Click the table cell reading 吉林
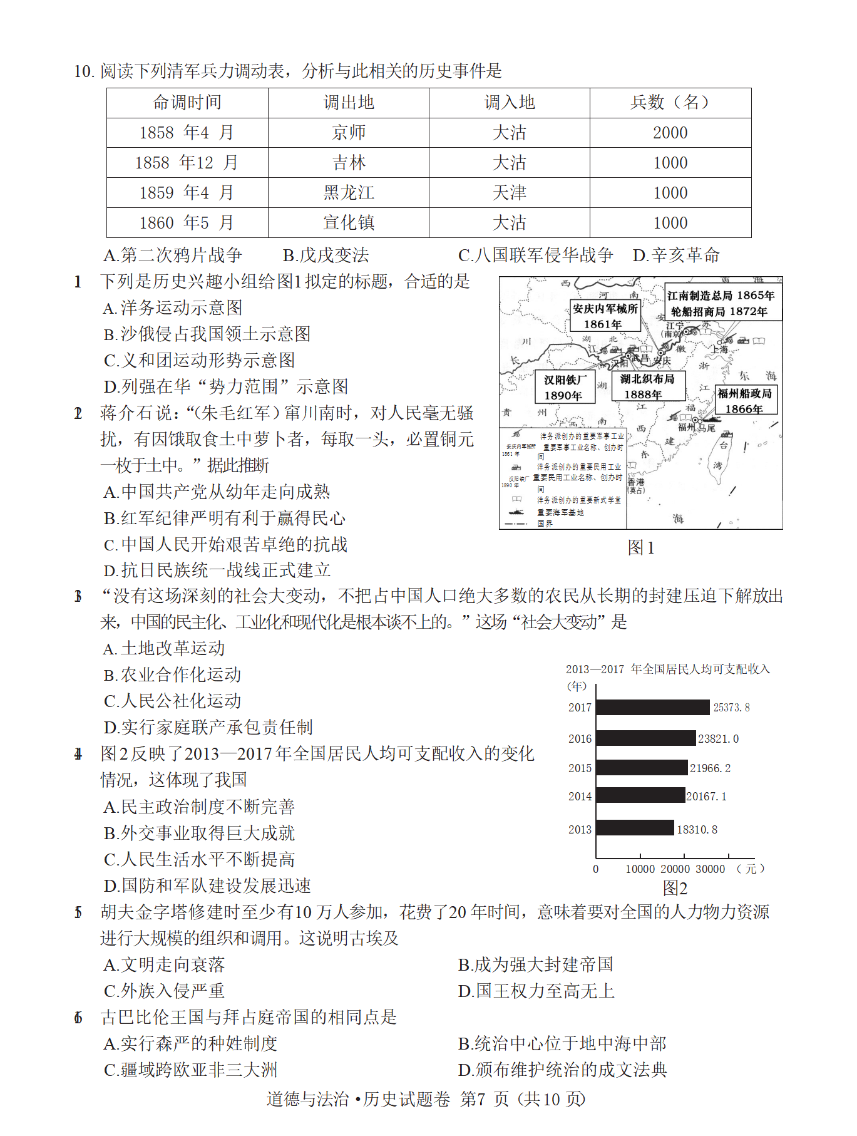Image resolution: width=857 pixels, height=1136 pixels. (349, 163)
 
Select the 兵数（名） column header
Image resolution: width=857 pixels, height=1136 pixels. (670, 103)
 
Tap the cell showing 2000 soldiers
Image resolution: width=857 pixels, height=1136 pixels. (670, 133)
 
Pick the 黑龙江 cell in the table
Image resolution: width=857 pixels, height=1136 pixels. (349, 193)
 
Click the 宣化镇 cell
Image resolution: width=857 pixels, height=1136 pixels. (349, 223)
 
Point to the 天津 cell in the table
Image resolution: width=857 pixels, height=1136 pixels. (510, 193)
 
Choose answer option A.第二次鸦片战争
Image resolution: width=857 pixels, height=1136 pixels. (173, 256)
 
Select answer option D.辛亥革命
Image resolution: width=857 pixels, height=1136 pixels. (676, 256)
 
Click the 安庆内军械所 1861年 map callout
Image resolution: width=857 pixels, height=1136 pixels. (605, 316)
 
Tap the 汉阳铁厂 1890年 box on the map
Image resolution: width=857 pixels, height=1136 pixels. (565, 388)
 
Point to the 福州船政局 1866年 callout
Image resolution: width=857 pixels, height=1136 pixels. (744, 401)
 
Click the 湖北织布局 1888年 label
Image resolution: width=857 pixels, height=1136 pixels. (647, 386)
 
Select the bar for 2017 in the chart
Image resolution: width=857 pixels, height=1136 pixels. (653, 708)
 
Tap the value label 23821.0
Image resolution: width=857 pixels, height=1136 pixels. (718, 739)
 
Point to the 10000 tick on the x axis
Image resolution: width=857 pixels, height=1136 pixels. (640, 869)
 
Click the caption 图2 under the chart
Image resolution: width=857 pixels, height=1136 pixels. (675, 888)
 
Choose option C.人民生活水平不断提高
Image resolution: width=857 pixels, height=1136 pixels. (199, 859)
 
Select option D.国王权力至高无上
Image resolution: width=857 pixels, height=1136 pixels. (536, 991)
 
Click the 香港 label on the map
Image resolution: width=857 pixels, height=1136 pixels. (635, 482)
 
